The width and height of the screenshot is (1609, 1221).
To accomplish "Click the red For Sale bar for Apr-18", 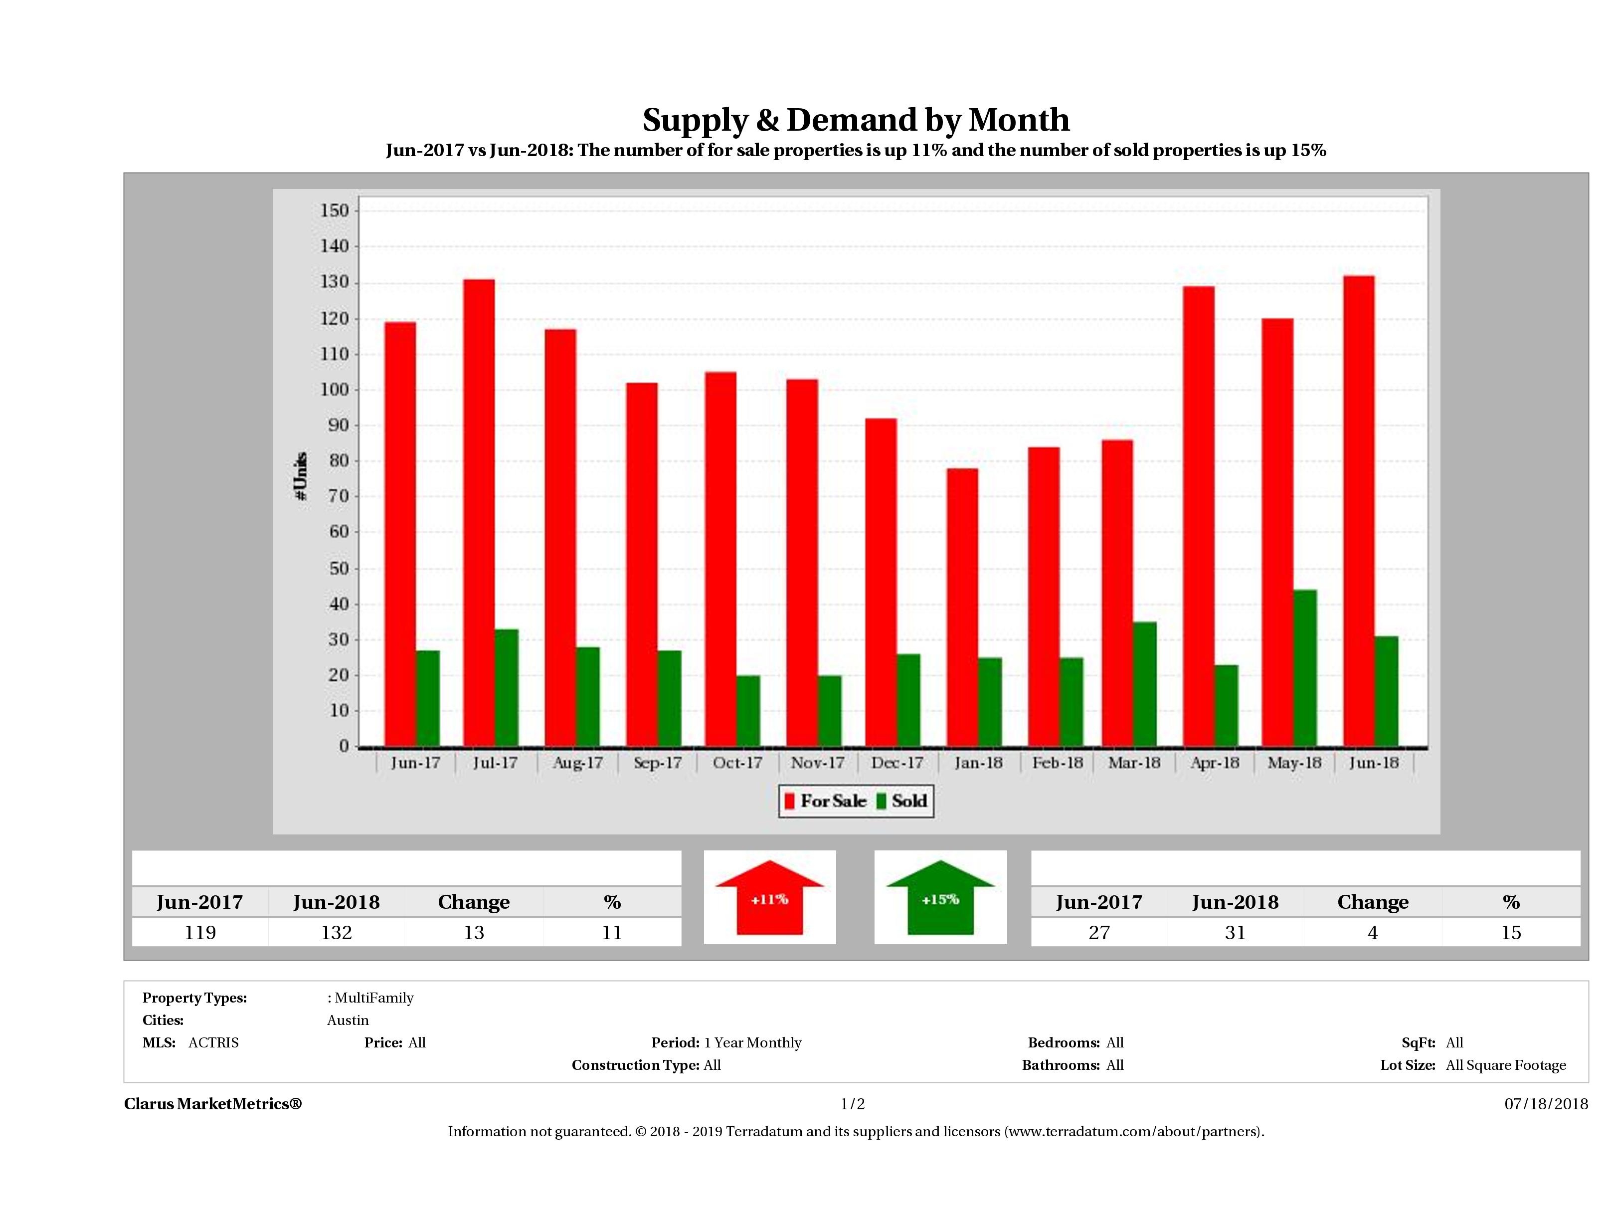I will click(1199, 517).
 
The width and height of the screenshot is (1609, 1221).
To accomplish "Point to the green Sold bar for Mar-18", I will click(1145, 684).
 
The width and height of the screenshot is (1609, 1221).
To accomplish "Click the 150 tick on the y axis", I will click(335, 211).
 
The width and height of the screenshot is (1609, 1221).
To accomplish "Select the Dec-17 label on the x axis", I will click(897, 763).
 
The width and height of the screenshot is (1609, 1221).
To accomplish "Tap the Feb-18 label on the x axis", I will click(1057, 763).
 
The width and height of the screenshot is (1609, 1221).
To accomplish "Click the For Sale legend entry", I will click(826, 801).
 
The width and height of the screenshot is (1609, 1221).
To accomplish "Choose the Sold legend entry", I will click(902, 801).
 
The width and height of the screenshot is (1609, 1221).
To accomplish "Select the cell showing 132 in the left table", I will click(337, 933).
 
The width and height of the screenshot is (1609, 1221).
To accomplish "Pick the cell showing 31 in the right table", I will click(1235, 933).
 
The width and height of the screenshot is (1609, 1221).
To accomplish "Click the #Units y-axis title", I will click(301, 477).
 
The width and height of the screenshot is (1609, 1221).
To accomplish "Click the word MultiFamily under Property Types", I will click(374, 998).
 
